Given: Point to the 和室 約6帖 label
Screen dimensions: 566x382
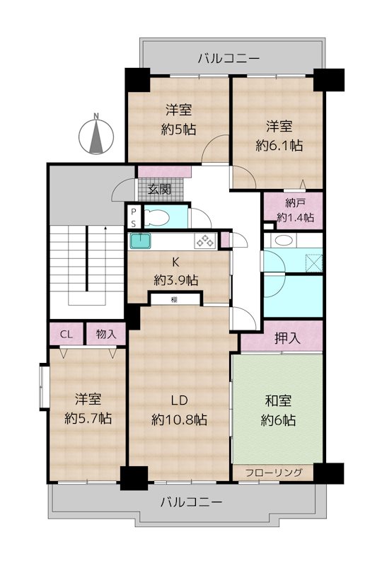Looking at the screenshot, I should click(x=279, y=410).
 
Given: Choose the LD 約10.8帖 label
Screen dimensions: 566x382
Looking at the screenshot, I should click(x=180, y=410).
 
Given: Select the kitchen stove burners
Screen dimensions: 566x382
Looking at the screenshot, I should click(x=205, y=241).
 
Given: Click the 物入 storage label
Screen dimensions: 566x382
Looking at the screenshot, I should click(x=106, y=334).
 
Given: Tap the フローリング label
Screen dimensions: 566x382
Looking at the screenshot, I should click(x=274, y=473).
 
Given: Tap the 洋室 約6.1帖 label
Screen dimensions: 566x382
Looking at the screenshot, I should click(x=279, y=136).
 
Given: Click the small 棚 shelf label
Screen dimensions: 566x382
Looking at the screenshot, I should click(x=174, y=299).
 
